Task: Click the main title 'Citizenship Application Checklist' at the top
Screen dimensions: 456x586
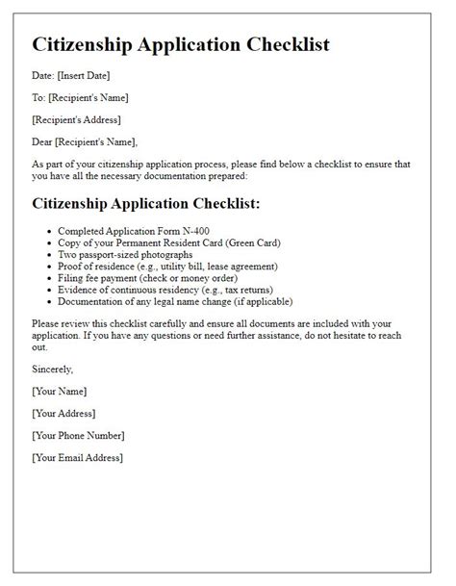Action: click(x=182, y=44)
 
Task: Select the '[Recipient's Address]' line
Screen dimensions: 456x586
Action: click(x=78, y=118)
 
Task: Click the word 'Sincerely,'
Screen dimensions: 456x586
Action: click(x=55, y=369)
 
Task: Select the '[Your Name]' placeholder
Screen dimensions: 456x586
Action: click(x=60, y=391)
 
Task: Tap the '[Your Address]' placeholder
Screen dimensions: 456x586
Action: click(x=65, y=413)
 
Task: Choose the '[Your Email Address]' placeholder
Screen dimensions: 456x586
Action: click(x=78, y=457)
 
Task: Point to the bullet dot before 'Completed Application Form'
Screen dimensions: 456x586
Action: click(x=49, y=233)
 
